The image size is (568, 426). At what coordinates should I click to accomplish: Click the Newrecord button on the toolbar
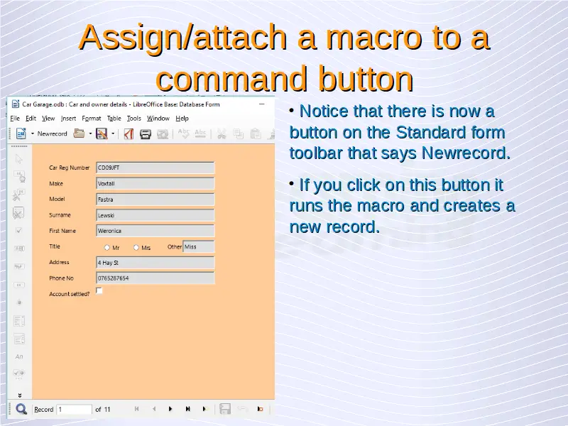(52, 133)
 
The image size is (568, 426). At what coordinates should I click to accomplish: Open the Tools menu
(133, 119)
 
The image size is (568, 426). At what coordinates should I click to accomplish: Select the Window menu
(158, 119)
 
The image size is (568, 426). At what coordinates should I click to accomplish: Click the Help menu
(182, 119)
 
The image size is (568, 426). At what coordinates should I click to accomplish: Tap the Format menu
(92, 119)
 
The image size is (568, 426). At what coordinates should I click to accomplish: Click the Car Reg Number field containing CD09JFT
(155, 168)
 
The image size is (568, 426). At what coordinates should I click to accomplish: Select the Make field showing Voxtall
(155, 184)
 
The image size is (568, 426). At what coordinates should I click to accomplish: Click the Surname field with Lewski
(155, 215)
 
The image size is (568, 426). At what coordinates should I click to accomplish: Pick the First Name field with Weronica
(155, 231)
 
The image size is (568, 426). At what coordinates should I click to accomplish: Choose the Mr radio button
(107, 248)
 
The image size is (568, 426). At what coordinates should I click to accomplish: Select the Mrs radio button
(136, 248)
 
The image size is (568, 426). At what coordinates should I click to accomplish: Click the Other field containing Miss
(199, 246)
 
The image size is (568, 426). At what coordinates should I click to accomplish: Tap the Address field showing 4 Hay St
(155, 263)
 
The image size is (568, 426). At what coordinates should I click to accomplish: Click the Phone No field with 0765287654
(155, 278)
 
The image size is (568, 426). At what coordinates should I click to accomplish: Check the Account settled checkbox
(99, 291)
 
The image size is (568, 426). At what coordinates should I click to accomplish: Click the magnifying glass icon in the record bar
(21, 410)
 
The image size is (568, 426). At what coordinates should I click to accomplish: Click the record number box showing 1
(75, 410)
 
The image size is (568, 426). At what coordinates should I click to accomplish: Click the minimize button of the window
(262, 104)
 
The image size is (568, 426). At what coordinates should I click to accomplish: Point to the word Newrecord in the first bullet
(466, 153)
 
